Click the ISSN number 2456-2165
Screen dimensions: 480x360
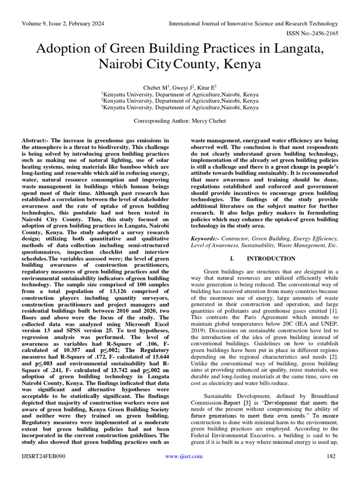[325, 33]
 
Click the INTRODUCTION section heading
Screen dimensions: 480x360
[271, 258]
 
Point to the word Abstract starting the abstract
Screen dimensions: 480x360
[35, 141]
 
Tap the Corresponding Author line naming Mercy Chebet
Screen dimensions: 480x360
[180, 120]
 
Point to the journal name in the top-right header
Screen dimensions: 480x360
[253, 23]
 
